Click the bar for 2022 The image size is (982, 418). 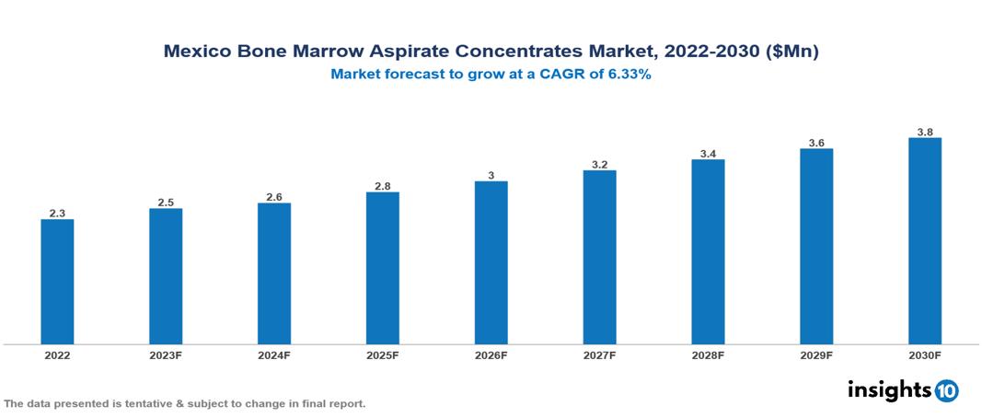57,282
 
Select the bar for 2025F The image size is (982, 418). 382,268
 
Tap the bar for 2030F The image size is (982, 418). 924,241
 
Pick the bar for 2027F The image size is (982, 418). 599,257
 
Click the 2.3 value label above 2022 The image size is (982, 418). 57,214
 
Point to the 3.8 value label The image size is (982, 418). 924,132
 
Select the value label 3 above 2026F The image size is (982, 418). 491,175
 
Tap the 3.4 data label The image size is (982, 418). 708,154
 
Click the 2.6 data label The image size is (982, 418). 274,197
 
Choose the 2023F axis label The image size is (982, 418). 166,355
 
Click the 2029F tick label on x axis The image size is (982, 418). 816,355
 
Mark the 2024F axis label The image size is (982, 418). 274,355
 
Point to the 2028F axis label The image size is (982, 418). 708,355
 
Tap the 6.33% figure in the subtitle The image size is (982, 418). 627,75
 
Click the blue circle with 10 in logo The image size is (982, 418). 946,390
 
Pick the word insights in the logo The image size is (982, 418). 889,389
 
